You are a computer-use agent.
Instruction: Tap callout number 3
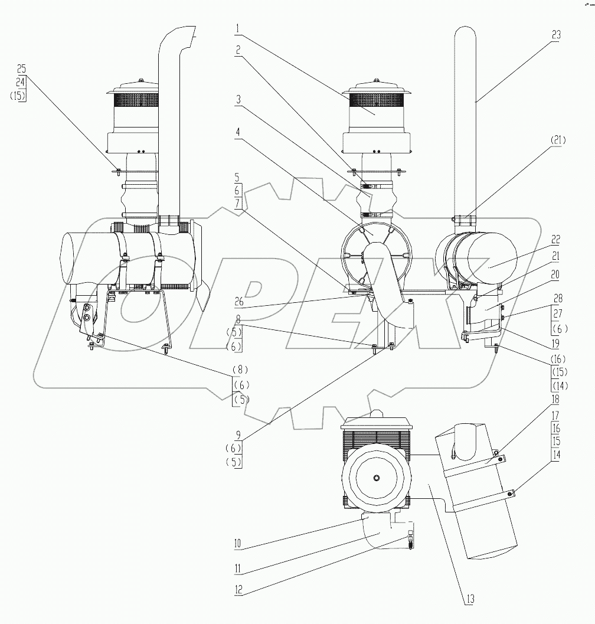[x=237, y=100]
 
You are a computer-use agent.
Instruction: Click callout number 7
[x=237, y=203]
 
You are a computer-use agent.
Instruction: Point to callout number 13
[x=469, y=599]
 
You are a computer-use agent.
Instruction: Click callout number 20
[x=555, y=275]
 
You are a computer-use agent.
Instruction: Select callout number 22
[x=555, y=240]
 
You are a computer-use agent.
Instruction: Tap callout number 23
[x=555, y=35]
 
